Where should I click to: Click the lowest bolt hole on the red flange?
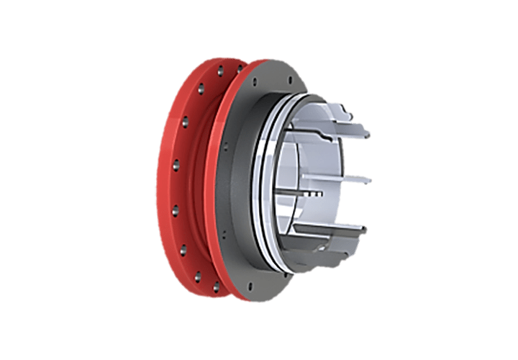click(x=215, y=287)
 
